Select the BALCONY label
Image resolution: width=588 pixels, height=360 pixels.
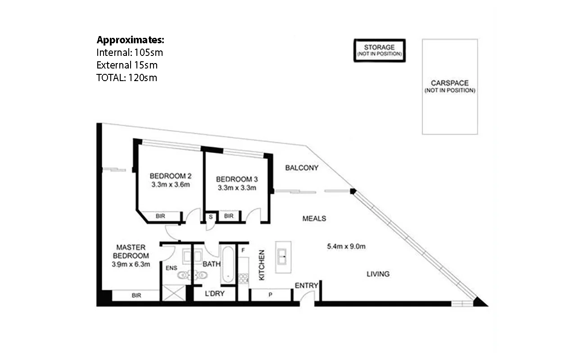(302, 168)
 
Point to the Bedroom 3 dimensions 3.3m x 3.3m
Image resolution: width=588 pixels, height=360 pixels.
(237, 187)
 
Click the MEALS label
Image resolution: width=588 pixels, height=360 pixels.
(314, 219)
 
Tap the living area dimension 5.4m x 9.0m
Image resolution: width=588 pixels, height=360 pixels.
(345, 246)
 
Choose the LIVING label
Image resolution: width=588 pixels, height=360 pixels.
(378, 273)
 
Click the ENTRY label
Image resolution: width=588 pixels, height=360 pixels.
(307, 285)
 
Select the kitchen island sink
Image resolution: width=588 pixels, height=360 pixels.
(283, 257)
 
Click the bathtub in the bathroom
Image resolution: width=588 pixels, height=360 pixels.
(227, 265)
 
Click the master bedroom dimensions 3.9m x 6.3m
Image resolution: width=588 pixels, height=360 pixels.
(131, 264)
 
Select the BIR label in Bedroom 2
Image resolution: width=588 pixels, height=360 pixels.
(160, 216)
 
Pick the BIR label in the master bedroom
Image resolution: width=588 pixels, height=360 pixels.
(136, 296)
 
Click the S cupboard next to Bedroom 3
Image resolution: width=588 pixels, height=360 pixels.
(210, 216)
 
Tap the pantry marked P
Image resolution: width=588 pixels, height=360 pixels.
(271, 295)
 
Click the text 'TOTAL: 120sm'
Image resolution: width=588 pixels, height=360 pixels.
(127, 77)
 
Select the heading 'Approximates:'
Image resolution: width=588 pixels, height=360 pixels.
(130, 39)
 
